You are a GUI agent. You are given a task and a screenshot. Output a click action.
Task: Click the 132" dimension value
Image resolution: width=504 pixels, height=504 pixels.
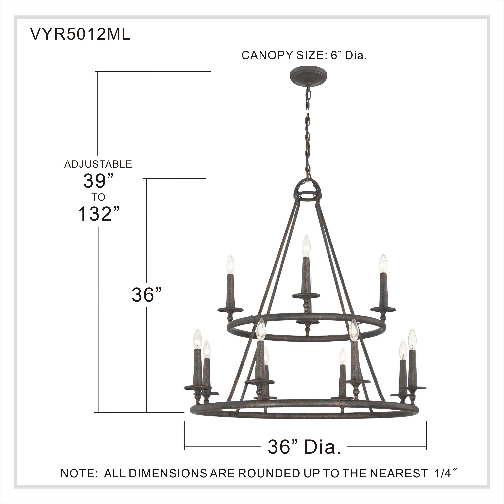click(99, 214)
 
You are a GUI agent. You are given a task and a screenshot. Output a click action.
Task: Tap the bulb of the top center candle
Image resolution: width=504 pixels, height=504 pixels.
click(306, 246)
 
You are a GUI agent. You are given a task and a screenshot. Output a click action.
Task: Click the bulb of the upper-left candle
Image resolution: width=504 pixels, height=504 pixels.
click(230, 264)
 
